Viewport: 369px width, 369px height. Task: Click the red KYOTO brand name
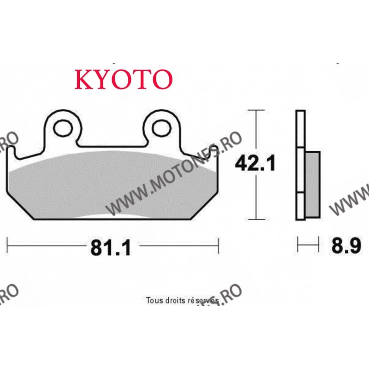(123, 79)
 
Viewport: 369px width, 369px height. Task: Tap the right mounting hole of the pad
(161, 128)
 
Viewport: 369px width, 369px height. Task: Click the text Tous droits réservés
(182, 300)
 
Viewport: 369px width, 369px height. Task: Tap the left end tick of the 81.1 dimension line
(8, 246)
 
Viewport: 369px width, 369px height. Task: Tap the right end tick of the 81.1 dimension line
(218, 246)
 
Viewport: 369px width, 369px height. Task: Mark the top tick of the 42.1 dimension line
(256, 110)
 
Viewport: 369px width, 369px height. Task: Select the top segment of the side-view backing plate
(300, 129)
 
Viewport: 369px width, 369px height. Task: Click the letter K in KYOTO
(83, 79)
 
